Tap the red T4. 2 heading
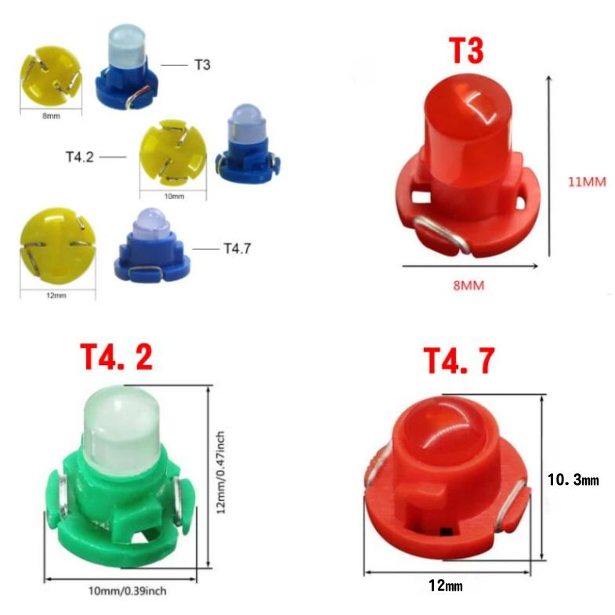(117, 357)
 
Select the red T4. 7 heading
(458, 361)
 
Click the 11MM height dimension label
(587, 183)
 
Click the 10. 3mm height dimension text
(573, 479)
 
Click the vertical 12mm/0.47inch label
(223, 472)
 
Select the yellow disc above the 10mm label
(173, 152)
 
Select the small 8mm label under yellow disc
(51, 116)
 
